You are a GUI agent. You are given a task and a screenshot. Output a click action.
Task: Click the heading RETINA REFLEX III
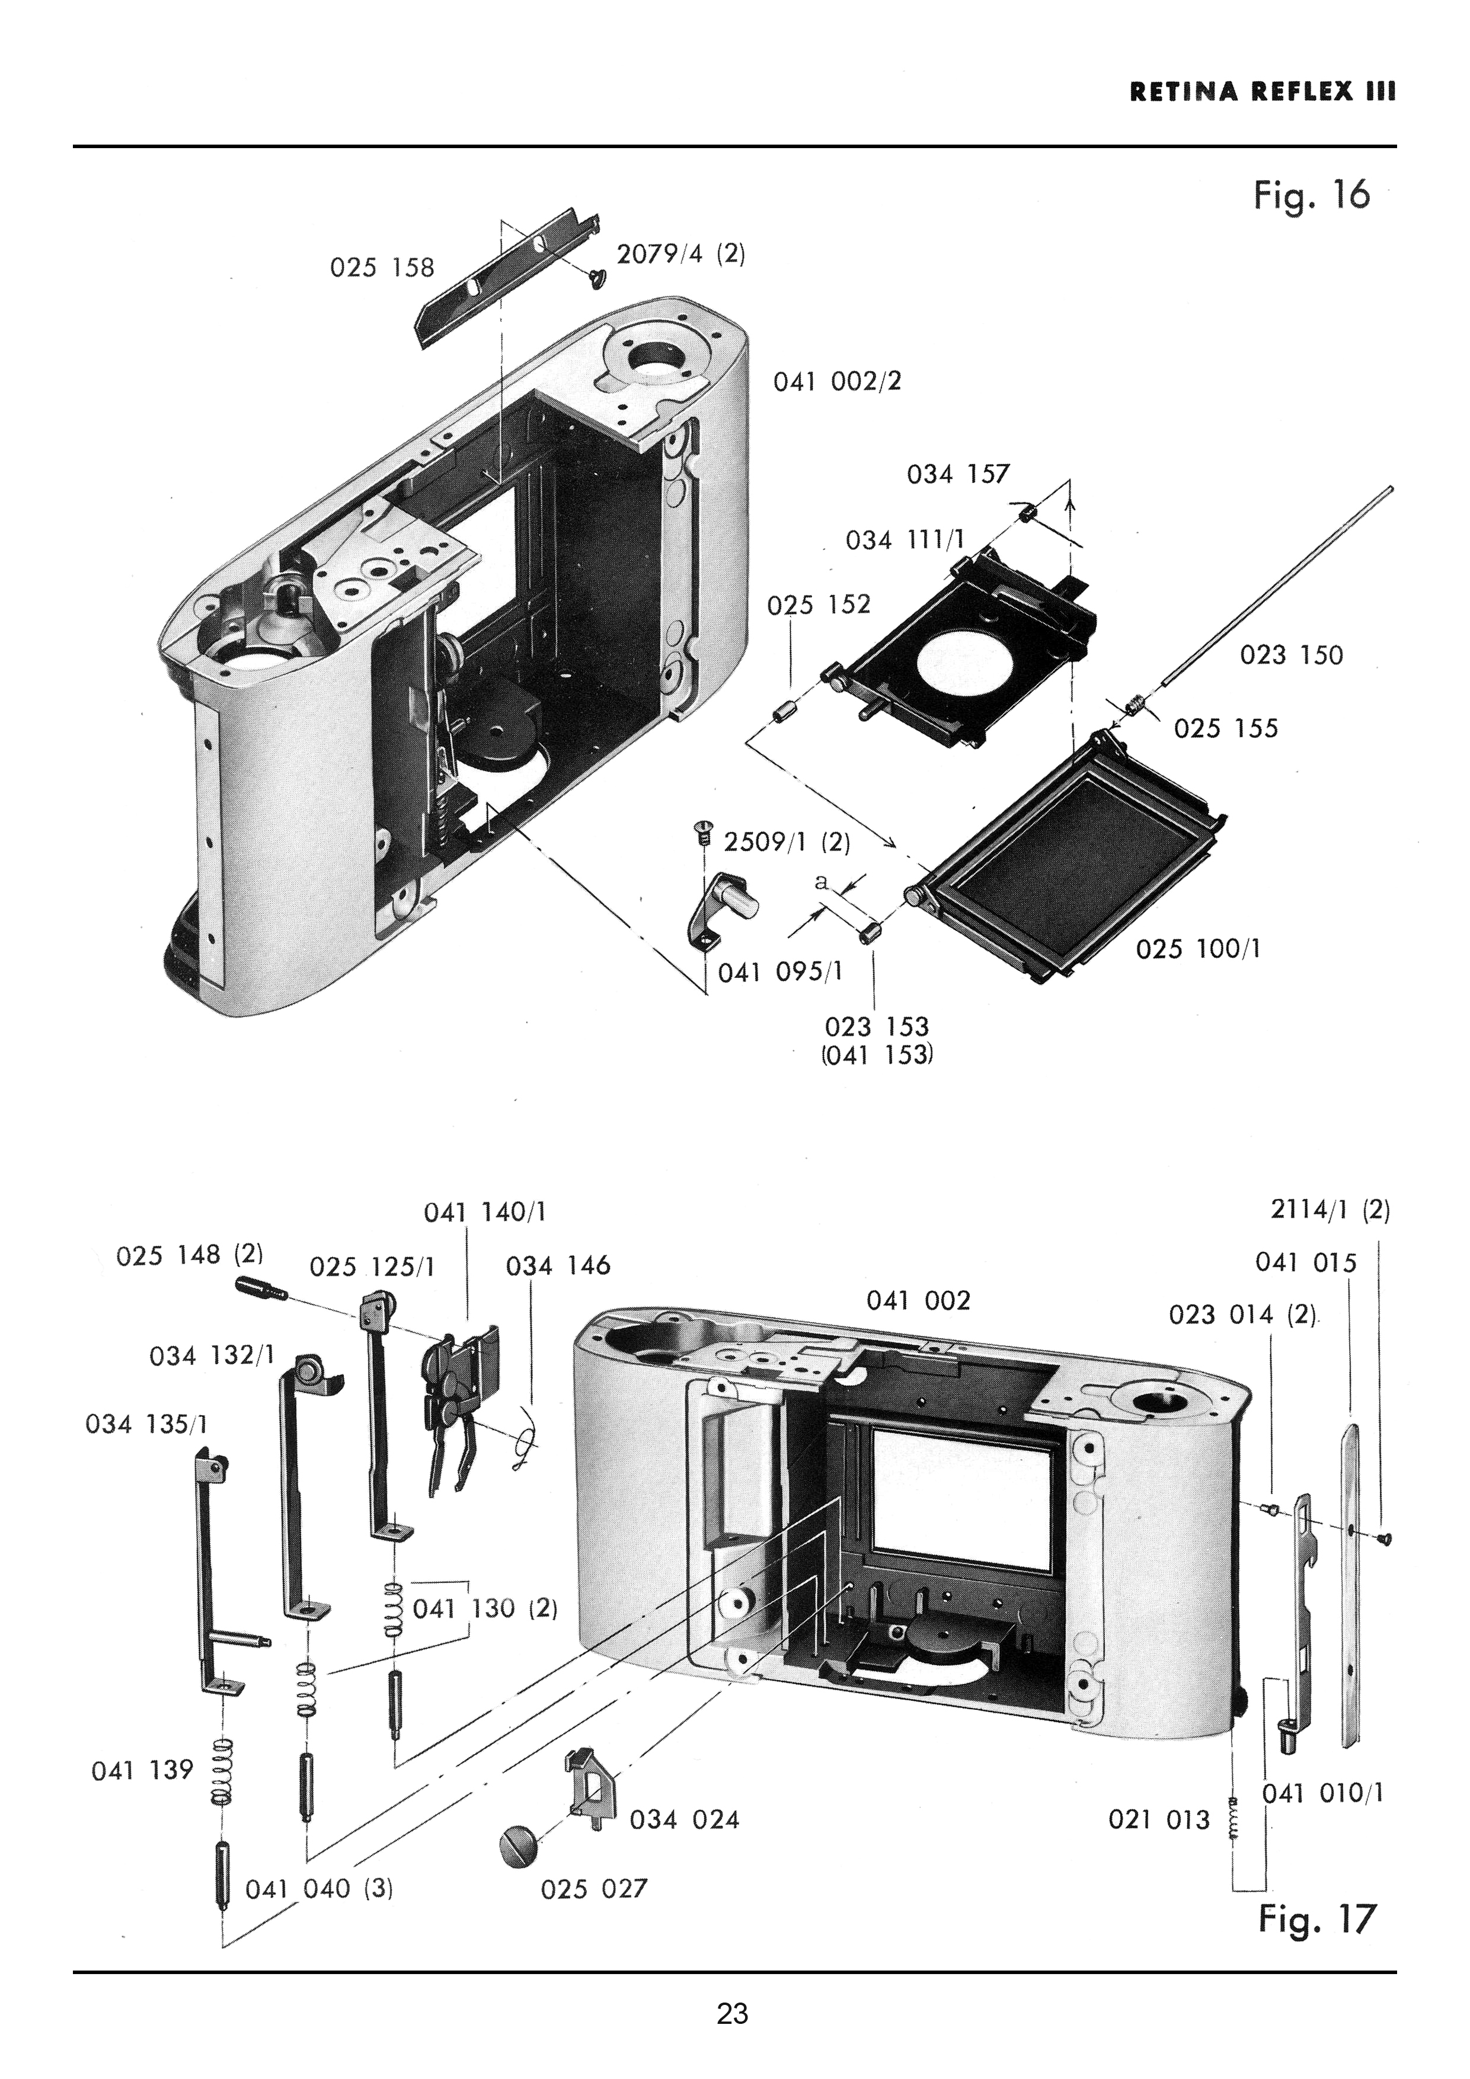[x=1263, y=92]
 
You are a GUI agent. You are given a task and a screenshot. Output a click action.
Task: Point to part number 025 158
[x=382, y=267]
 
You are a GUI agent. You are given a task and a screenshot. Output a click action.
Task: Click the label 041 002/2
[x=838, y=381]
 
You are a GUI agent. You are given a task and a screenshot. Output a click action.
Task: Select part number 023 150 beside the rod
[x=1292, y=655]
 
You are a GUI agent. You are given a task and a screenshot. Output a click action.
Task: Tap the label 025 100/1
[x=1199, y=949]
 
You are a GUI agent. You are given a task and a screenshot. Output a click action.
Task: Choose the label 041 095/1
[x=780, y=973]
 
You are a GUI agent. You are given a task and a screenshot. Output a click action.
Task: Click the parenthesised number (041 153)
[x=877, y=1055]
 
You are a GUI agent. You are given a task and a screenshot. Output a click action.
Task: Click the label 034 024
[x=685, y=1819]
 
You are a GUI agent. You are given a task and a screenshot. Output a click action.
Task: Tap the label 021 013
[x=1159, y=1819]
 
